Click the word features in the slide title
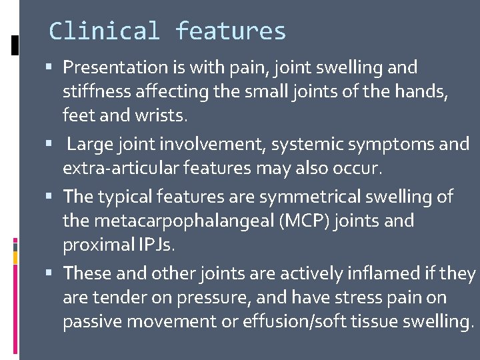pyautogui.click(x=231, y=31)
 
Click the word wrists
pyautogui.click(x=163, y=115)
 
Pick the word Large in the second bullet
pyautogui.click(x=89, y=144)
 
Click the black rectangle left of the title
pyautogui.click(x=15, y=44)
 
